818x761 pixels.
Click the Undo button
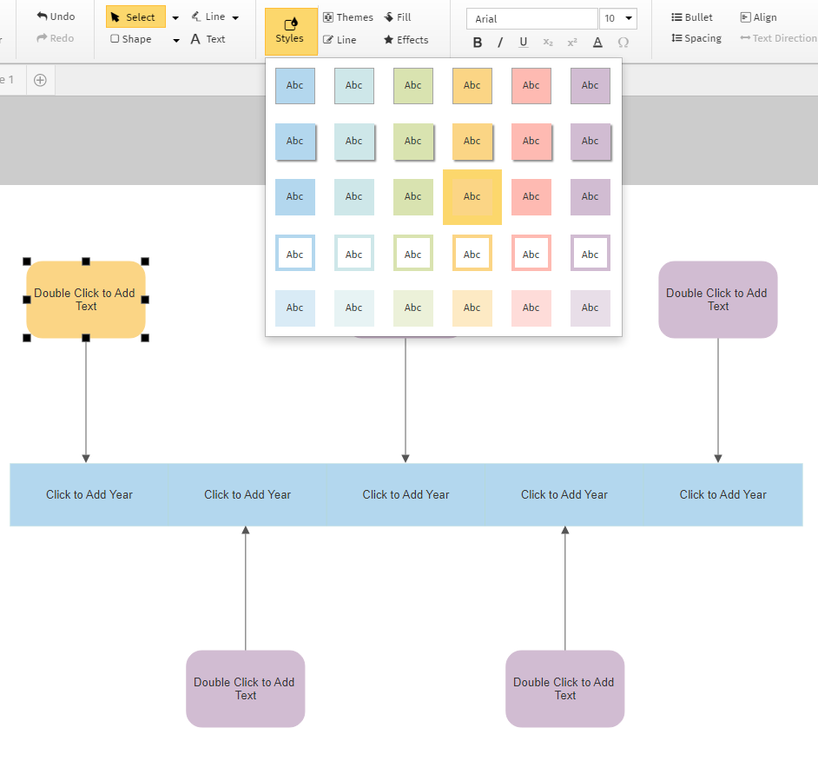coord(56,17)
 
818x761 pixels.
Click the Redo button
coord(56,38)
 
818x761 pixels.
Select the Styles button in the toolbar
coord(290,31)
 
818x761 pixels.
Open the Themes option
coord(347,17)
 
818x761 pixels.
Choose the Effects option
coord(406,40)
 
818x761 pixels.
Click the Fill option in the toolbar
coord(398,17)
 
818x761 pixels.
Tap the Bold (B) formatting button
coord(478,43)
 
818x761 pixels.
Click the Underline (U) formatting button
coord(523,43)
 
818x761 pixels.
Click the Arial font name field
coord(531,19)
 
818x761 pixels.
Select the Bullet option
coord(692,17)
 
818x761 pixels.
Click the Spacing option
coord(696,38)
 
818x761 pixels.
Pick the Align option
coord(758,17)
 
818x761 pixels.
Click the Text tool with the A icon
coord(208,39)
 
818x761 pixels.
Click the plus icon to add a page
coord(40,80)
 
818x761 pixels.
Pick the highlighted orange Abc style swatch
coord(472,197)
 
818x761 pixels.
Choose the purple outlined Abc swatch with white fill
coord(590,253)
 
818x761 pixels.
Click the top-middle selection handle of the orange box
coord(86,261)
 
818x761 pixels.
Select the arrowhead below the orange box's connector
coord(86,458)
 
